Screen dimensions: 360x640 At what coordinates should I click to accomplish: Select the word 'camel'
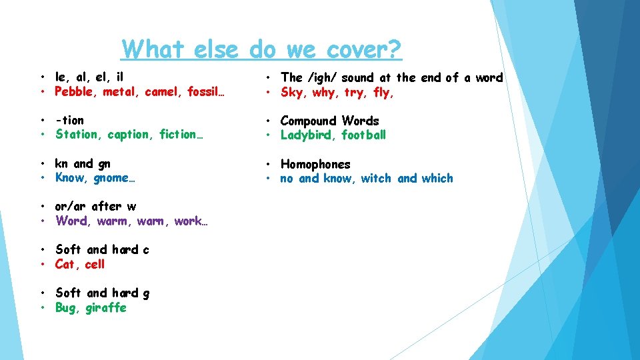pos(161,92)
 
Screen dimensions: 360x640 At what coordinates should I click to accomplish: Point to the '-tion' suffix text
pos(70,121)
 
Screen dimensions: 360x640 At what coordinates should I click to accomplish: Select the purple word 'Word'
pos(71,221)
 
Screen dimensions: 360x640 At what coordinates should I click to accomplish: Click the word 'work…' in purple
pos(191,221)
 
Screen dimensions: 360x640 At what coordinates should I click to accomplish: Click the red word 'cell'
pos(95,264)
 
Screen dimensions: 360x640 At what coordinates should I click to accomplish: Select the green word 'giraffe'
pos(105,307)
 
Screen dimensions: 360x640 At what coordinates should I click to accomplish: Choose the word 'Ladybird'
pos(308,135)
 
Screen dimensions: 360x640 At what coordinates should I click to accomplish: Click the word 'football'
pos(364,135)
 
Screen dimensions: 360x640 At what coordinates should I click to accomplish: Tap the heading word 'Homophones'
pos(315,164)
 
